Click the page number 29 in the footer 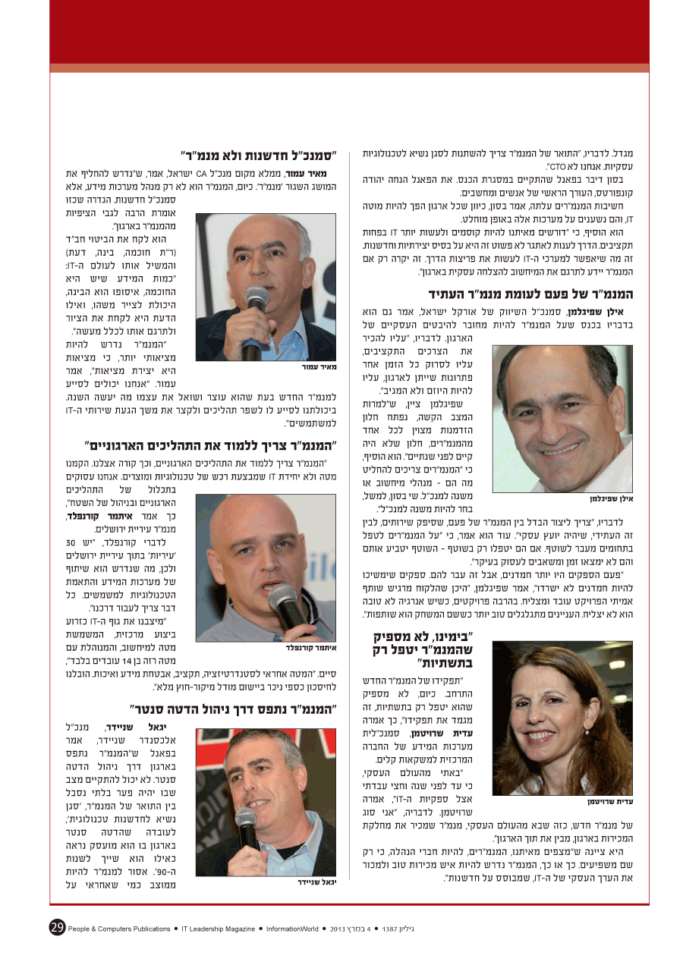[57, 927]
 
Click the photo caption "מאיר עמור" [318, 366]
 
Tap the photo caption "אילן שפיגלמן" [610, 499]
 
